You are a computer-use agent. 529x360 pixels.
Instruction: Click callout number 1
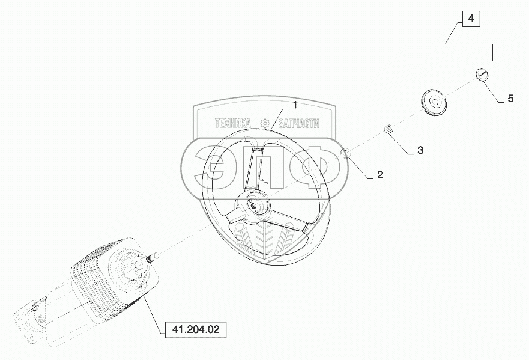[295, 106]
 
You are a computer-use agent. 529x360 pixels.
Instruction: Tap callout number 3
[420, 150]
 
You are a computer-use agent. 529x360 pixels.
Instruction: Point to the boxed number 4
[471, 19]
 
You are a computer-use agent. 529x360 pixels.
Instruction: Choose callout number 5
[510, 99]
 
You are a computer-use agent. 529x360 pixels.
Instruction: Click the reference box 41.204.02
[196, 330]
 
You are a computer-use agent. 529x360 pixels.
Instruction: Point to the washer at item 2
[346, 154]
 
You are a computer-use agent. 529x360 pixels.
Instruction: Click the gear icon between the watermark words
[264, 123]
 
